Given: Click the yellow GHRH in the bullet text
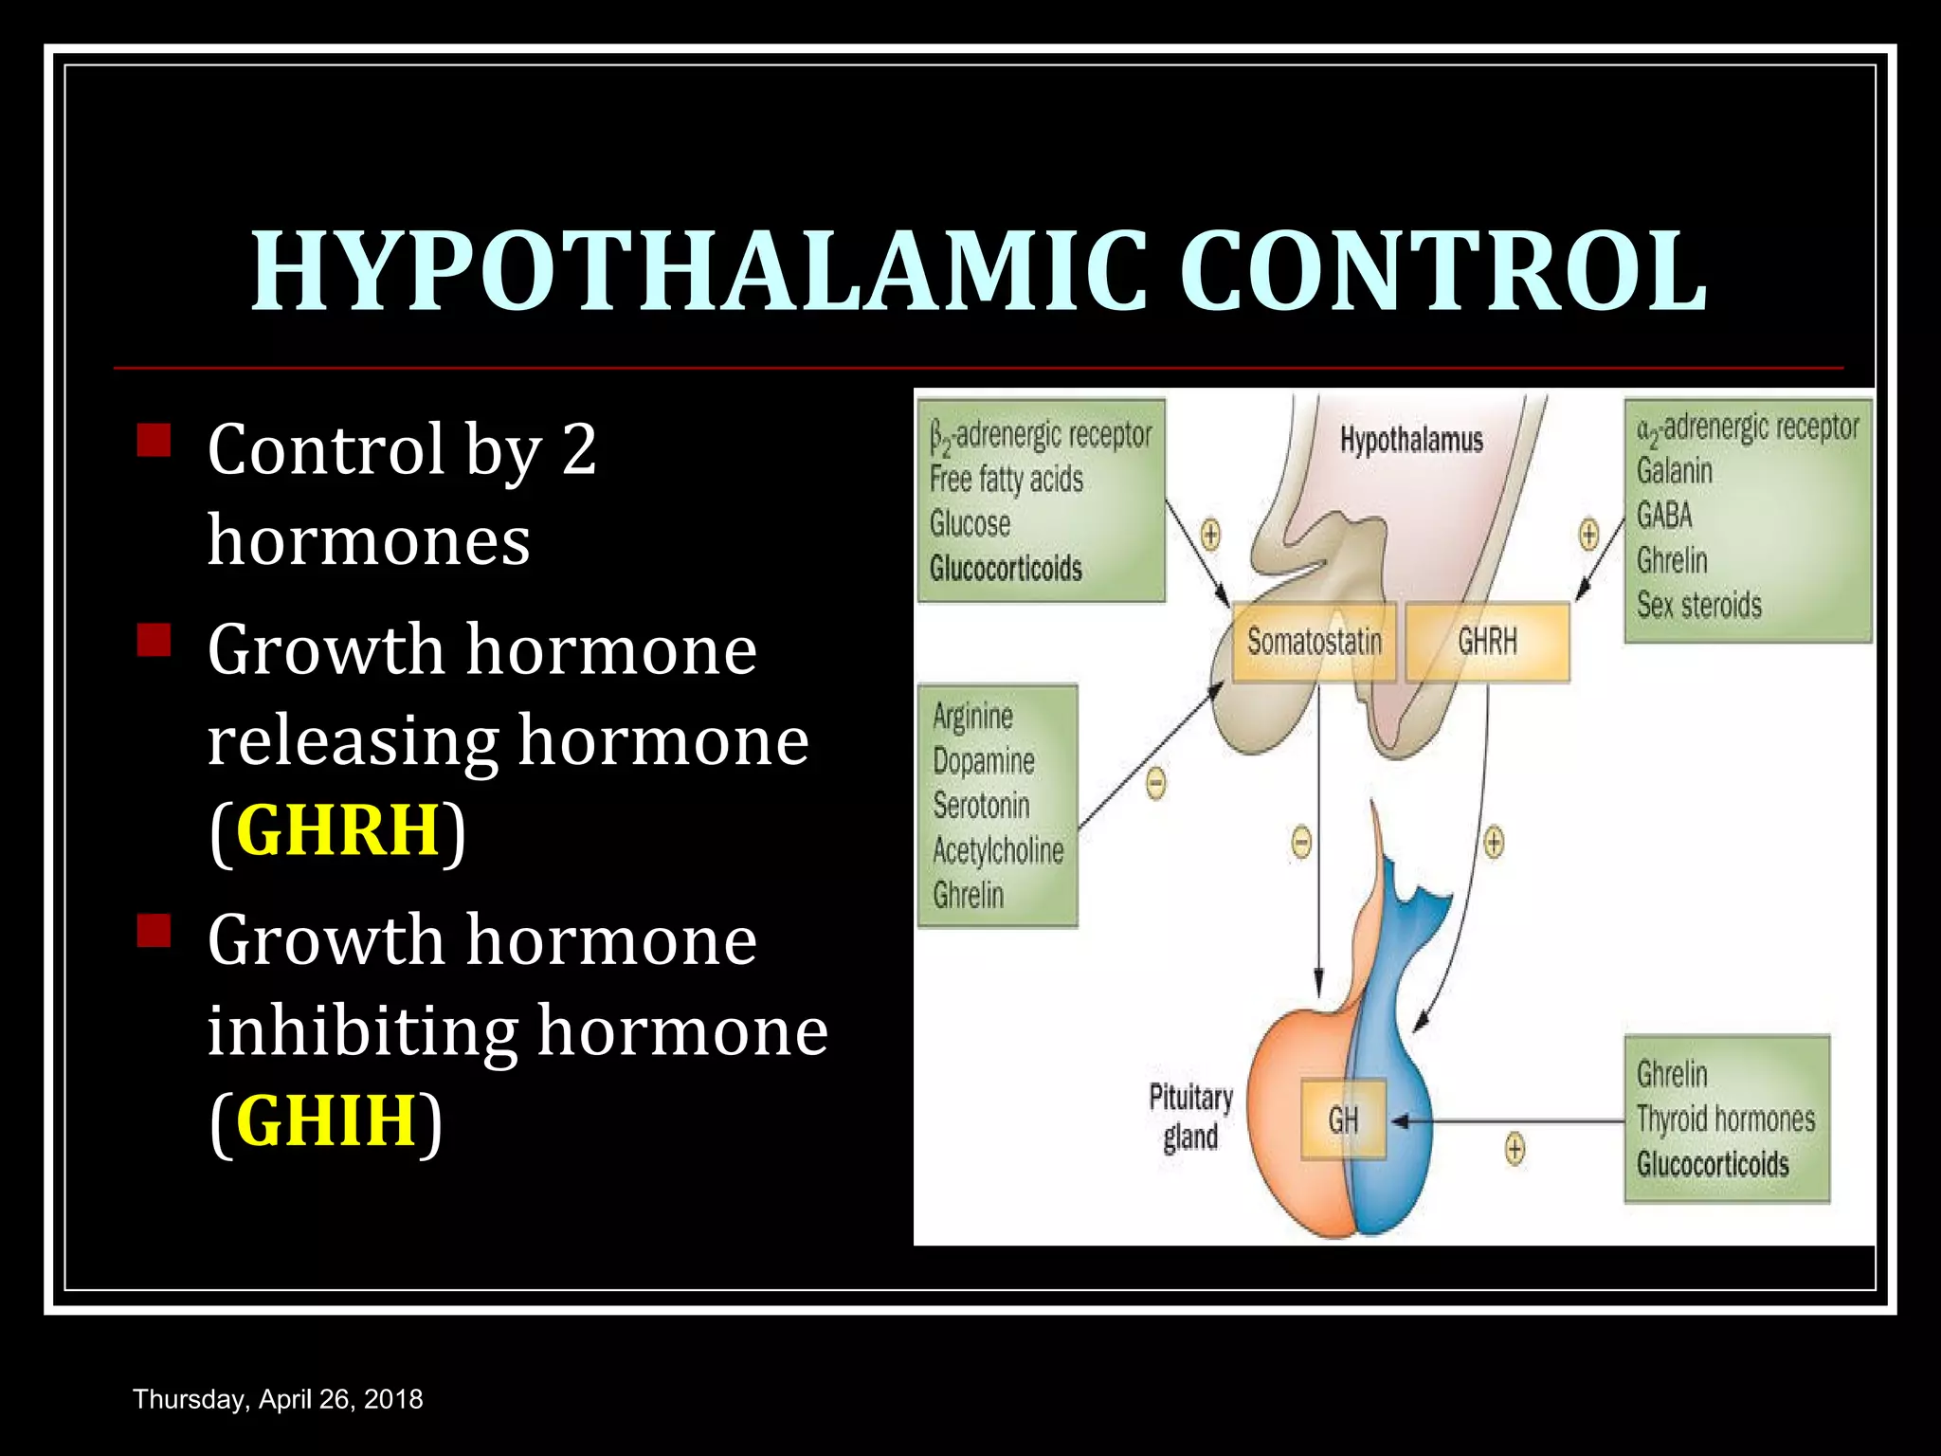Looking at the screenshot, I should click(337, 829).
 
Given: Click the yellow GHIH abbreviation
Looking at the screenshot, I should click(326, 1119).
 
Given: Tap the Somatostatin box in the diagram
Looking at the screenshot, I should click(1314, 642).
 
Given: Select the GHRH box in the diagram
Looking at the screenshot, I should click(1487, 642).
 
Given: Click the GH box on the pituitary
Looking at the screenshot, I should click(1343, 1119).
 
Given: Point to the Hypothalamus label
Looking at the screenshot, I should click(1411, 440).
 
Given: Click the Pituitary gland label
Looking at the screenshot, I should click(1190, 1117).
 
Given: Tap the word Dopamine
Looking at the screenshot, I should click(983, 760).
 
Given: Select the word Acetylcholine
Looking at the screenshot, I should click(998, 850).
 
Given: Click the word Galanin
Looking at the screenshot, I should click(1675, 470).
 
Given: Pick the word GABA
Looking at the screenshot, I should click(1664, 516).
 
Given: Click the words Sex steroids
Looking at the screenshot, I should click(1699, 605).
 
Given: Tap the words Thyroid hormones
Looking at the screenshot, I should click(1726, 1119).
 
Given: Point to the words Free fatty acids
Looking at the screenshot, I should click(1006, 480).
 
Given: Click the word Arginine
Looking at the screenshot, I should click(972, 716).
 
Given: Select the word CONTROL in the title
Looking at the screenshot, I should click(1443, 272).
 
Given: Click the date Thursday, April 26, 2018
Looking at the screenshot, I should click(278, 1399).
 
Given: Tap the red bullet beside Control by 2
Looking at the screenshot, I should click(154, 441).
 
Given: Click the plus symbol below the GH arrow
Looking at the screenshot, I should click(1515, 1150).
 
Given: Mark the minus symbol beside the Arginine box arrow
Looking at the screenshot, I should click(1155, 784).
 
